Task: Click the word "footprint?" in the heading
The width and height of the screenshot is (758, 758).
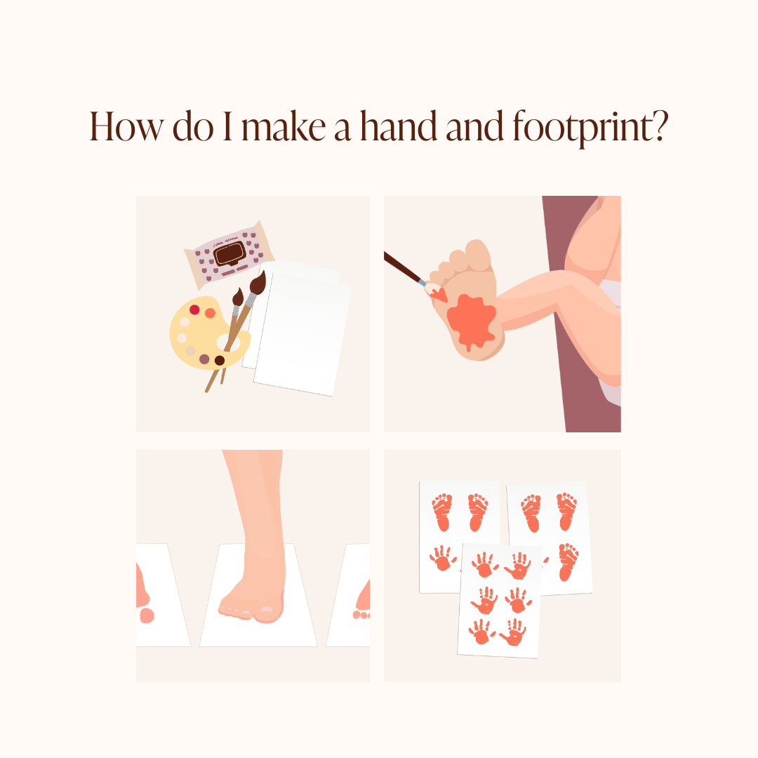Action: tap(590, 127)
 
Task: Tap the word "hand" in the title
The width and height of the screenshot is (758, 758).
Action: tap(399, 126)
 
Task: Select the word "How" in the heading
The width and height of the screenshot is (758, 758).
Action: tap(126, 126)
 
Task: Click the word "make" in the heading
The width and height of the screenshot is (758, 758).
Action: tap(284, 126)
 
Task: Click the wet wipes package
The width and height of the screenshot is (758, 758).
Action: tap(229, 254)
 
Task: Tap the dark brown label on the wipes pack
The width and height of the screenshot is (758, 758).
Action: tap(230, 253)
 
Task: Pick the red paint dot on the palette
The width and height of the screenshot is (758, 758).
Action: tap(194, 310)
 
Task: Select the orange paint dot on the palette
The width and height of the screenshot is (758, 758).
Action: tap(210, 313)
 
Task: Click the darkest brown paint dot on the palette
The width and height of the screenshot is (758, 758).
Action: tap(220, 360)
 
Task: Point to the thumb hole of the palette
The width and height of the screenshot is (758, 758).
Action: tap(227, 341)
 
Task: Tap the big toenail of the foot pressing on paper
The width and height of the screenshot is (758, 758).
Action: tap(267, 609)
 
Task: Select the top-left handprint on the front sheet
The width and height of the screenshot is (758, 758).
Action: tap(485, 564)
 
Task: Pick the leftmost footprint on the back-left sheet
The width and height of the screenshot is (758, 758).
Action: tap(442, 512)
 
